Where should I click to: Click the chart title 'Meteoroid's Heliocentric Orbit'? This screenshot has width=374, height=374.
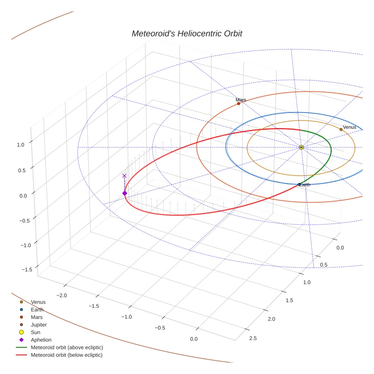point(187,33)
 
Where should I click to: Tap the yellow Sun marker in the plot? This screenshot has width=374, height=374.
point(301,147)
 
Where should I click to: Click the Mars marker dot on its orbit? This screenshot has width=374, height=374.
point(238,103)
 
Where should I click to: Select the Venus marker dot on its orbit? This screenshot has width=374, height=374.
point(341,129)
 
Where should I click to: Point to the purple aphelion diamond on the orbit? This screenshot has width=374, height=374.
point(124,193)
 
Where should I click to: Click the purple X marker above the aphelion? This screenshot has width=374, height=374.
point(124,176)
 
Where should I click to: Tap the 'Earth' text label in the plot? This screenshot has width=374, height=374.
point(305,185)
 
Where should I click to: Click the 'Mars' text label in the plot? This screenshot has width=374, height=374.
point(241,100)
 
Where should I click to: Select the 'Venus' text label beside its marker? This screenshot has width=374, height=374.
point(350,127)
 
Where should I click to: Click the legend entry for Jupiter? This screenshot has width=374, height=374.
point(39,325)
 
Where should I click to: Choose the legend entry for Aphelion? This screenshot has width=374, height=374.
point(41,340)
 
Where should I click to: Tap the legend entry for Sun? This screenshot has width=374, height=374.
point(36,332)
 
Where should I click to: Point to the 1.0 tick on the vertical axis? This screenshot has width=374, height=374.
point(21,144)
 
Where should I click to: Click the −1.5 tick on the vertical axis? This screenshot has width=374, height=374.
point(27,269)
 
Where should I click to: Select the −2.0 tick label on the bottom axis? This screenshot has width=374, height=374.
point(62,295)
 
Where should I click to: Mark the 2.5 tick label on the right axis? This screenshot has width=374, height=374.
point(252,338)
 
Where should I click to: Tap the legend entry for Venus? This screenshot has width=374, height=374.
point(38,302)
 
